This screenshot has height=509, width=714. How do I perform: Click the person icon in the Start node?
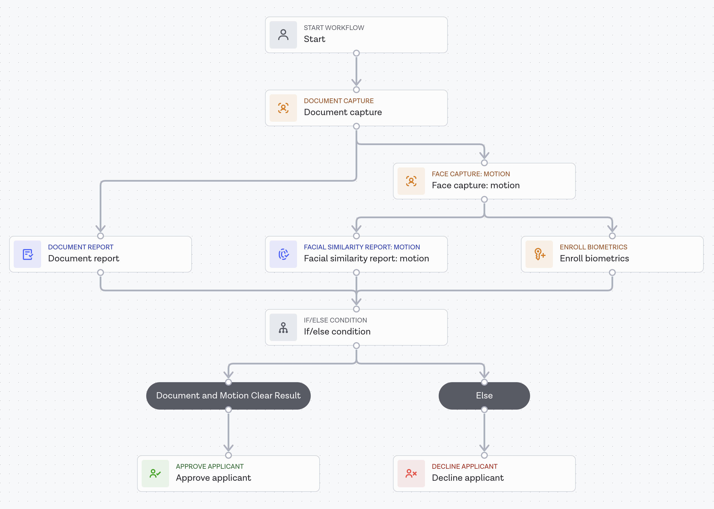click(x=283, y=35)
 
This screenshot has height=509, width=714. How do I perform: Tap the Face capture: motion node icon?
click(x=411, y=181)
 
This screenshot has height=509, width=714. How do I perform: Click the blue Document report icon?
click(x=28, y=254)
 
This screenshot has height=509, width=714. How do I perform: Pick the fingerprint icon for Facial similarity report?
click(x=283, y=254)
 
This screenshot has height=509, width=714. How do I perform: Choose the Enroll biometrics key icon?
click(x=539, y=254)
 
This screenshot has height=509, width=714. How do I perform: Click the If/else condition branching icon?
click(x=283, y=328)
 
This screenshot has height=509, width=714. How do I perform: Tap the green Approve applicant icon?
click(x=155, y=474)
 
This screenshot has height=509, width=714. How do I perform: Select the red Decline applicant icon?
click(x=411, y=474)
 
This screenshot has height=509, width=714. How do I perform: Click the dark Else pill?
click(x=484, y=396)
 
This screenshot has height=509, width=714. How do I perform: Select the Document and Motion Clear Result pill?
click(x=228, y=396)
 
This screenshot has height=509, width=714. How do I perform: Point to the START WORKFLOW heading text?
click(x=334, y=28)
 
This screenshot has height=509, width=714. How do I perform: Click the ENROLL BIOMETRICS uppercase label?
click(x=593, y=247)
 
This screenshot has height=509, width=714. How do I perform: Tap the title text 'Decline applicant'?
click(x=468, y=478)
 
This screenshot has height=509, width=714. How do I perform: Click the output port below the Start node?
click(x=356, y=53)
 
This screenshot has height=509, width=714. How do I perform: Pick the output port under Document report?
click(x=101, y=273)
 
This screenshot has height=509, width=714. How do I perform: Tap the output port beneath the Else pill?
click(x=484, y=410)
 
